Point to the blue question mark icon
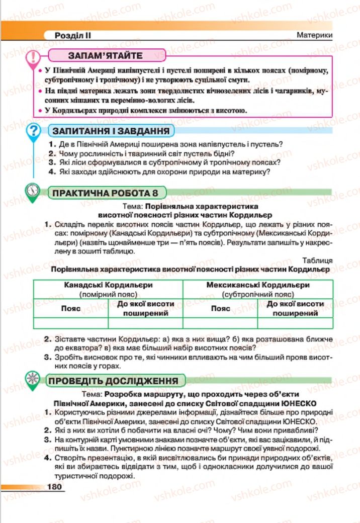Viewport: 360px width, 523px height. (x=34, y=132)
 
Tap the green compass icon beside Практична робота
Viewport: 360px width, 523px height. (x=33, y=191)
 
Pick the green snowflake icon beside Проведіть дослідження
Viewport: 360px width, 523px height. (x=33, y=380)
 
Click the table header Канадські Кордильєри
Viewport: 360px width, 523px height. (x=109, y=285)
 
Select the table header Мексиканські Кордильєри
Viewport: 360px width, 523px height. (x=257, y=285)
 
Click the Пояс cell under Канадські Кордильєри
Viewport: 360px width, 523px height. (x=71, y=308)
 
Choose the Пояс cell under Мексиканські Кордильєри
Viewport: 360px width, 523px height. (x=220, y=308)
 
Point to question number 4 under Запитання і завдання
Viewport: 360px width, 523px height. (x=52, y=171)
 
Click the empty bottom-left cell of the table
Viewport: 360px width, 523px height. (x=71, y=323)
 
